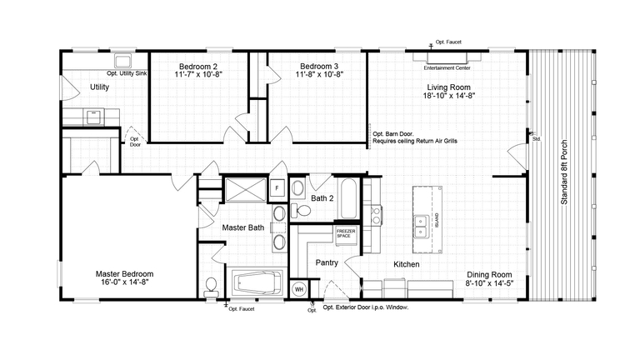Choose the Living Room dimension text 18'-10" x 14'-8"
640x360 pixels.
pyautogui.click(x=449, y=96)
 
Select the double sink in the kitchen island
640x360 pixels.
pyautogui.click(x=423, y=221)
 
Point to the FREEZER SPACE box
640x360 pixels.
pyautogui.click(x=346, y=234)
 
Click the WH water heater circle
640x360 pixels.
pyautogui.click(x=298, y=290)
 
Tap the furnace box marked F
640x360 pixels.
pyautogui.click(x=277, y=188)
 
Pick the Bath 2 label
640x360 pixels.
pyautogui.click(x=322, y=199)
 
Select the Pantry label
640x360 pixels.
pyautogui.click(x=326, y=262)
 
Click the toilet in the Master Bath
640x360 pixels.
pyautogui.click(x=212, y=285)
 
